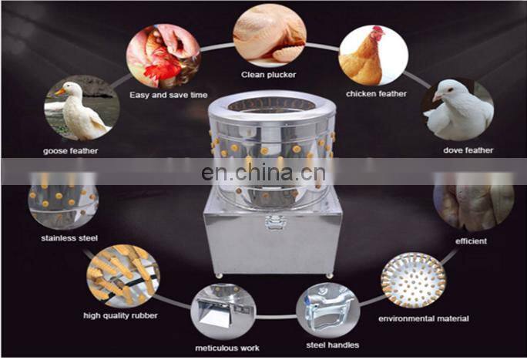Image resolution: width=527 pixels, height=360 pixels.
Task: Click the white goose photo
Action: [x=81, y=107]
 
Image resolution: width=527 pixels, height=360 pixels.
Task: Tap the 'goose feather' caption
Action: [x=71, y=150]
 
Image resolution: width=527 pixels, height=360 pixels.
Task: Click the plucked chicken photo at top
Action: [x=269, y=34]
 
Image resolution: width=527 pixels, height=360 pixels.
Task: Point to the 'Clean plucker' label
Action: [x=270, y=76]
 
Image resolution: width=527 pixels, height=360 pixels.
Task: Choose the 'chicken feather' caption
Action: [x=375, y=94]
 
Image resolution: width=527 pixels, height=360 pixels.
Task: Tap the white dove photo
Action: [x=458, y=109]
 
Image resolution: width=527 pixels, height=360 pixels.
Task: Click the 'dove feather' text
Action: [x=468, y=150]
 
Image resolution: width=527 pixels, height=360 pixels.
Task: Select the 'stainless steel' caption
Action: [x=69, y=238]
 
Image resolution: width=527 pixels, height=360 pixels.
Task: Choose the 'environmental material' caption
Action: [x=423, y=318]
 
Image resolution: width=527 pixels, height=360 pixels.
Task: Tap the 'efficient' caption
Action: [x=472, y=241]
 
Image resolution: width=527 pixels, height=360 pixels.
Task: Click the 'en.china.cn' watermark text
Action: [x=262, y=173]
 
